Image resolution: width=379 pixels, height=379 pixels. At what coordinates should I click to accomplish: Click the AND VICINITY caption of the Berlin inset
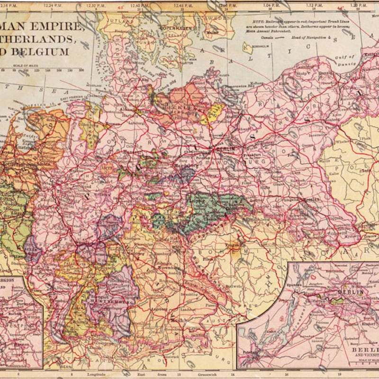coord(362,354)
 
